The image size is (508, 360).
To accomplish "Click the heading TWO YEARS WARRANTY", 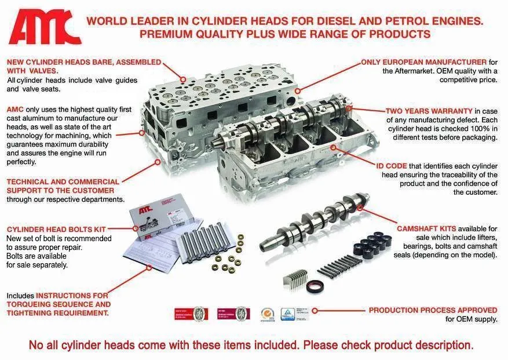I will pos(429,110).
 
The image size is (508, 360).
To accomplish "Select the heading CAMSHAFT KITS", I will pos(426,228).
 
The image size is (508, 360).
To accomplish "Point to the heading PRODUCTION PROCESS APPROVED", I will pos(433,310).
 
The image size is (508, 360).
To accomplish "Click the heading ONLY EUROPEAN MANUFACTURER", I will pos(423,62).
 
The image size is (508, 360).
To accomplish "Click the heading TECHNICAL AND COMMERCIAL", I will pos(63,181).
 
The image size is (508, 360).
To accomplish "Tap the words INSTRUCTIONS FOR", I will pos(72,295).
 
